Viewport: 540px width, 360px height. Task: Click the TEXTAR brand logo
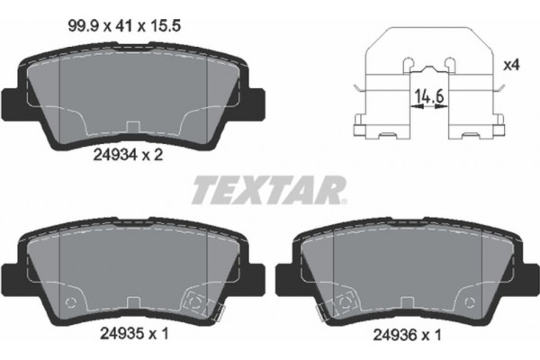(x=269, y=190)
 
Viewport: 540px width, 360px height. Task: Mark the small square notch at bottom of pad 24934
(x=132, y=125)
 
